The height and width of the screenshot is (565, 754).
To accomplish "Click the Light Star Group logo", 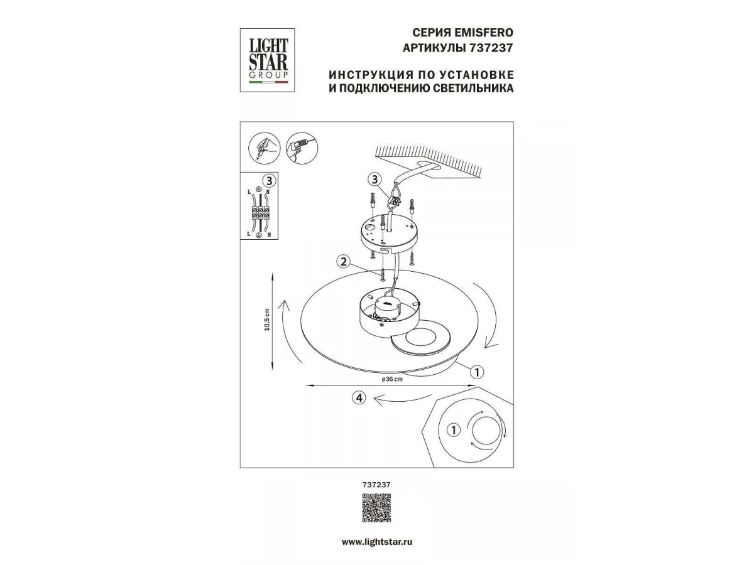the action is [x=267, y=60].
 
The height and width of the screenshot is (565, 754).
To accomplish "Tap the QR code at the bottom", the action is [x=376, y=508].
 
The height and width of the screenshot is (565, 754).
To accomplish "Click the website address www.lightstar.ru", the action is [x=377, y=542].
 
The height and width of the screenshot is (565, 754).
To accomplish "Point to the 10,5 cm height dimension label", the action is [x=267, y=320].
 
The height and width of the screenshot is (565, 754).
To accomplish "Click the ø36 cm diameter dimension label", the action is [x=392, y=379].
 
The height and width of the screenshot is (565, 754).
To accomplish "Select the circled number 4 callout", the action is [x=359, y=398].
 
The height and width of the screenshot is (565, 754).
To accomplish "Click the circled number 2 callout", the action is [x=343, y=262].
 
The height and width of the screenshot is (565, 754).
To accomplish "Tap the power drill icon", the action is [x=302, y=148].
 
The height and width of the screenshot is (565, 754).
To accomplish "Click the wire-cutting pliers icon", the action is [x=265, y=148].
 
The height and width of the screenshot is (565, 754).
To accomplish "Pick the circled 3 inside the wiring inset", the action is [x=269, y=181].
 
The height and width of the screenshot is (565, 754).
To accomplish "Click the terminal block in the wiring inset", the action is [x=260, y=213].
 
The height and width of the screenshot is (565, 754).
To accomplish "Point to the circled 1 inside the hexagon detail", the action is [x=454, y=430].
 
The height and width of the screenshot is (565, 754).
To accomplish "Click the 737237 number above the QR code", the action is [x=376, y=485].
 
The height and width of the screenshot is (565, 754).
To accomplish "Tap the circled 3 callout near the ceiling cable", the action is [x=374, y=180].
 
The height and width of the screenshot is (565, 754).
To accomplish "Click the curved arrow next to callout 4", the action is [x=402, y=400].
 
